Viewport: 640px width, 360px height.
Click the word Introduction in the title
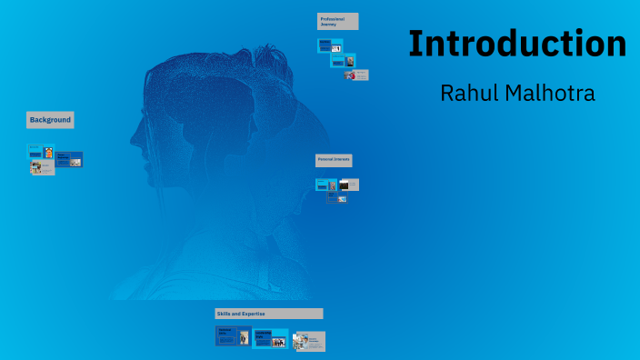(x=516, y=44)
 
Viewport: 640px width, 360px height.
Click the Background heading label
(x=50, y=120)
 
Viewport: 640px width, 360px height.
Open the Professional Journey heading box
(x=337, y=21)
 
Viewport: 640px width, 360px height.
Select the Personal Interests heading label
(x=334, y=160)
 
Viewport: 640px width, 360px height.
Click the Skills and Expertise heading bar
(x=268, y=314)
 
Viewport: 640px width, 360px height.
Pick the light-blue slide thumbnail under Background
(x=40, y=152)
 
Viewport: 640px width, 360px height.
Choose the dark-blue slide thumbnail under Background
(x=69, y=159)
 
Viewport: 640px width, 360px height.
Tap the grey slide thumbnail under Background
(x=43, y=167)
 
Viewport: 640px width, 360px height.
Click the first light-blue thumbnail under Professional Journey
(x=329, y=45)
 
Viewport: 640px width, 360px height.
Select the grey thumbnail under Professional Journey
(x=356, y=75)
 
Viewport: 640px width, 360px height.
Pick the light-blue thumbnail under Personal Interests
(x=325, y=185)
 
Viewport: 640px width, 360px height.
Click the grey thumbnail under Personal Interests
(x=349, y=185)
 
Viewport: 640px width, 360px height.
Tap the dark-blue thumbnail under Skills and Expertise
(x=233, y=336)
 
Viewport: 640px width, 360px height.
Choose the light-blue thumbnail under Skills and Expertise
(x=270, y=338)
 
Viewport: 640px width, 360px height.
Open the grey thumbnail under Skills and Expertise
(x=309, y=341)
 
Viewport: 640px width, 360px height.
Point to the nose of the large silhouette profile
(x=131, y=144)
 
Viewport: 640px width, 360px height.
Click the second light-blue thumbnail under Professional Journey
(x=343, y=61)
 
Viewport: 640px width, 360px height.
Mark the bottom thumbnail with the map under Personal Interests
(x=337, y=196)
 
